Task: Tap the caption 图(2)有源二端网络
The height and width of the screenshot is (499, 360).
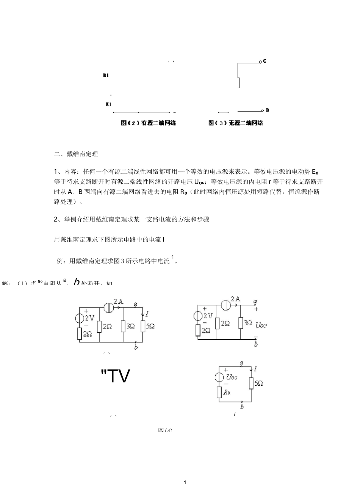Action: coord(148,123)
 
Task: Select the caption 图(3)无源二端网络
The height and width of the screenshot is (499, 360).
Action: coord(236,123)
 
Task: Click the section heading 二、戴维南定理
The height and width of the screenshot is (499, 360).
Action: coord(76,154)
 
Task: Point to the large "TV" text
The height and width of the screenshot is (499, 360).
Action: coord(116,376)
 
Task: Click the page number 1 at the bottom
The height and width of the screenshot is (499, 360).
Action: coord(185,482)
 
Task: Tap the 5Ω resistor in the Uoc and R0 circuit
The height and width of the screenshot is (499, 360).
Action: coord(251,383)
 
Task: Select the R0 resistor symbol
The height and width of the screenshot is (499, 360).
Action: coord(219,392)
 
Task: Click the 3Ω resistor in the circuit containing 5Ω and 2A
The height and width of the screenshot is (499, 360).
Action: coord(123,326)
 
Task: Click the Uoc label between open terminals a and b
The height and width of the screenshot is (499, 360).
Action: coord(261,325)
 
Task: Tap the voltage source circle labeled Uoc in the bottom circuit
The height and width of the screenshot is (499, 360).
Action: coord(219,377)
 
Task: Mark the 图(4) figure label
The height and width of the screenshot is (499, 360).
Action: coord(165,430)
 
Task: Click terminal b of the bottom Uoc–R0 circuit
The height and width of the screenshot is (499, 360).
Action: coord(242,406)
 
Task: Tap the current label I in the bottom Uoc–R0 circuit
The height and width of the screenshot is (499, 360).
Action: coord(256,368)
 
